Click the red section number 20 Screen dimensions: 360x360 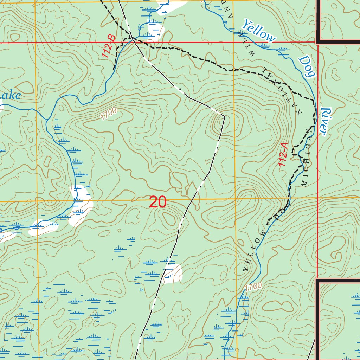[157, 202]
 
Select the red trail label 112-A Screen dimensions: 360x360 [283, 155]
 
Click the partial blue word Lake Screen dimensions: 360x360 [10, 96]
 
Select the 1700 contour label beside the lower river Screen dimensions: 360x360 [253, 287]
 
